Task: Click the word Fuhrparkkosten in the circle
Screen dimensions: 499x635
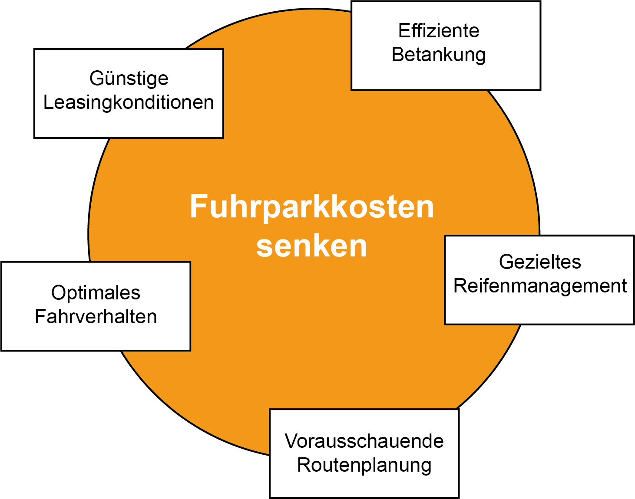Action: point(312,207)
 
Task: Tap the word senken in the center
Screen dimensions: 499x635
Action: point(312,246)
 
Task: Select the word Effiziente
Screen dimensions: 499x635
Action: point(439,31)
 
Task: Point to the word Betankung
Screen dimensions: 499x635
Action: point(439,55)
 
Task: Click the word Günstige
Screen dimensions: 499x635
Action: point(129,79)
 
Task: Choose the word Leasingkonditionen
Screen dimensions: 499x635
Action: point(129,102)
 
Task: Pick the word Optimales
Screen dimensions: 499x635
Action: point(96,292)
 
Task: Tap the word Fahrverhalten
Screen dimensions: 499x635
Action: point(96,316)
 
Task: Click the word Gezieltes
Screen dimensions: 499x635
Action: point(540,262)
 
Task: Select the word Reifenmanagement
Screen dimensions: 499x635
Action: point(540,286)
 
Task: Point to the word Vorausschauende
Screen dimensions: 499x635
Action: point(364,441)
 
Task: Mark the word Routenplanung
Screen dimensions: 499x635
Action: point(364,465)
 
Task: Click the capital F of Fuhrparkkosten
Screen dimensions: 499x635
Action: point(198,207)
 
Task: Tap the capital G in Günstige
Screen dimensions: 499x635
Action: point(96,79)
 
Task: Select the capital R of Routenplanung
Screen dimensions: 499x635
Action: point(303,465)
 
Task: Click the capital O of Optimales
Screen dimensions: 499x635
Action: point(58,292)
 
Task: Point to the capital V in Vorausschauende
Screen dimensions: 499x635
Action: point(291,441)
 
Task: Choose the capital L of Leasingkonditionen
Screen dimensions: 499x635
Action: point(48,102)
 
